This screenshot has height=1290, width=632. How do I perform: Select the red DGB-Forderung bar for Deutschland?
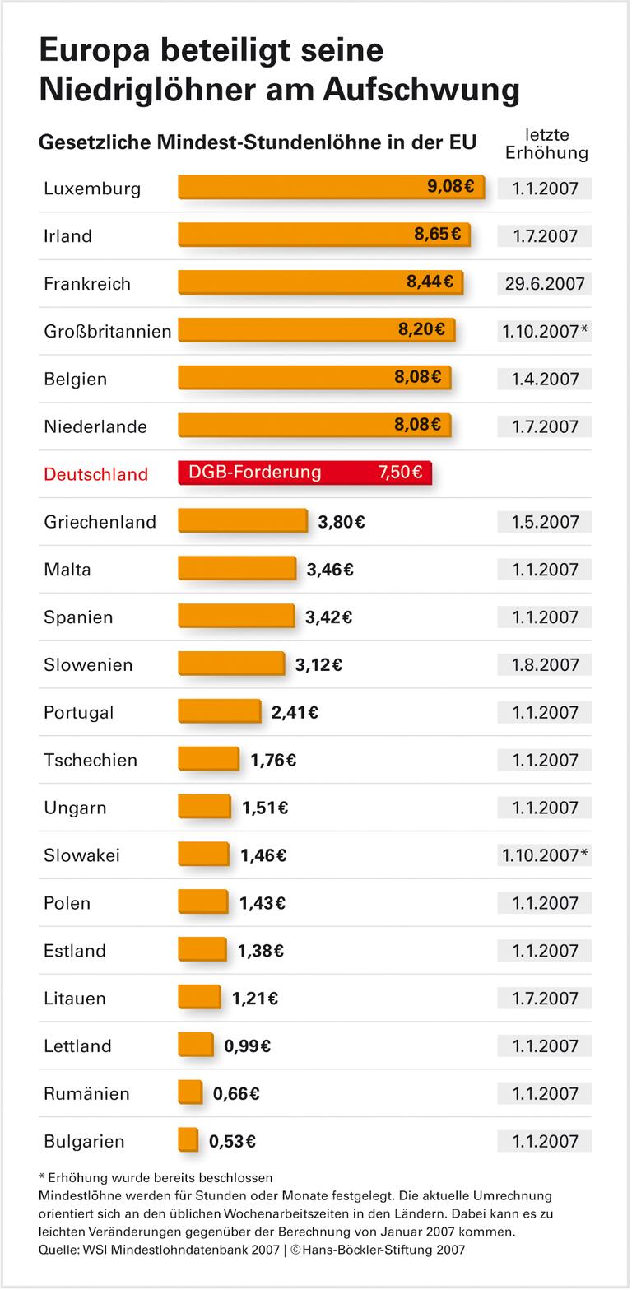pyautogui.click(x=304, y=473)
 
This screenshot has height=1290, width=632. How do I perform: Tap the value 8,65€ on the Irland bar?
pyautogui.click(x=437, y=235)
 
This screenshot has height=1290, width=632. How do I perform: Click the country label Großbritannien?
pyautogui.click(x=108, y=331)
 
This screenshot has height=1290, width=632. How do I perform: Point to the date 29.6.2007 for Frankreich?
pyautogui.click(x=544, y=284)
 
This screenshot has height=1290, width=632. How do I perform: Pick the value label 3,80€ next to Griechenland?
pyautogui.click(x=342, y=521)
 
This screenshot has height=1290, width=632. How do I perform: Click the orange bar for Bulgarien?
pyautogui.click(x=188, y=1140)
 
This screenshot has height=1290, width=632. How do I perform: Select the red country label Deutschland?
pyautogui.click(x=95, y=474)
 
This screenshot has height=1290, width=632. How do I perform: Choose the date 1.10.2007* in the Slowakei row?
pyautogui.click(x=544, y=855)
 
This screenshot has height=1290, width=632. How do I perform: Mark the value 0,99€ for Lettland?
pyautogui.click(x=247, y=1046)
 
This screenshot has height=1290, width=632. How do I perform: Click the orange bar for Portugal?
pyautogui.click(x=219, y=711)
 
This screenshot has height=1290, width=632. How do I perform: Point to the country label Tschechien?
pyautogui.click(x=91, y=760)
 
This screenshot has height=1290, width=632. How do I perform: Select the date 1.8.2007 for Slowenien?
pyautogui.click(x=544, y=664)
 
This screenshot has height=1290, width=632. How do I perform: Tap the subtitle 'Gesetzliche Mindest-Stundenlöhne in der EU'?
pyautogui.click(x=258, y=142)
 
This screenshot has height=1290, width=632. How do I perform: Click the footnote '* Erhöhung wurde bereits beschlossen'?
pyautogui.click(x=156, y=1177)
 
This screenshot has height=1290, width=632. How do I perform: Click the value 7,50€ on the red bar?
pyautogui.click(x=400, y=473)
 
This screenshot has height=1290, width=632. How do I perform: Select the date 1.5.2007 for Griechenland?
pyautogui.click(x=544, y=522)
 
